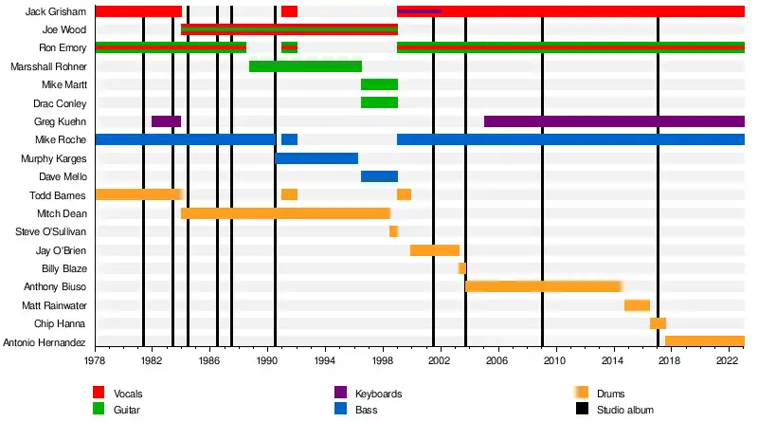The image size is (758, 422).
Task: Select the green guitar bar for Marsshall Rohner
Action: pos(305,66)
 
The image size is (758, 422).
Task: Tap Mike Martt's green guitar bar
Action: pos(379,84)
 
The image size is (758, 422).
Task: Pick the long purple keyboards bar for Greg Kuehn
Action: pos(614,121)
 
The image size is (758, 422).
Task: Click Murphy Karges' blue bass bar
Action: pos(316,158)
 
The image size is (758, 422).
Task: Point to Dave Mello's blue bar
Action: pos(379,176)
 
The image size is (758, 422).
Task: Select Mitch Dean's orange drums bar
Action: pos(285,213)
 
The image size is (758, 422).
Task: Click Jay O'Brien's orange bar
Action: pos(434,250)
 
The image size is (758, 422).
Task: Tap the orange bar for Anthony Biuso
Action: pos(543,286)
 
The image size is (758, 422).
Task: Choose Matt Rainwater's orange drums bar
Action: pos(637,305)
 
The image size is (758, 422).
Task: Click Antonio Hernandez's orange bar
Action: pos(704,341)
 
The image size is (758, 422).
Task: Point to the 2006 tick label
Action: pos(497,361)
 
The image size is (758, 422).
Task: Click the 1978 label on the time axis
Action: pos(95,361)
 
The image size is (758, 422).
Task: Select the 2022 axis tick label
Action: pos(728,361)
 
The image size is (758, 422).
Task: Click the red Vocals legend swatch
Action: pos(98,394)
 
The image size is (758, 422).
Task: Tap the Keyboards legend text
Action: pos(379,394)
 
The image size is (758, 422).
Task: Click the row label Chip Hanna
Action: pos(62,323)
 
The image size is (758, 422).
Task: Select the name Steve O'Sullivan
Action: pos(50,231)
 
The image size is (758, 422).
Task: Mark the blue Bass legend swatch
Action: pos(339,410)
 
